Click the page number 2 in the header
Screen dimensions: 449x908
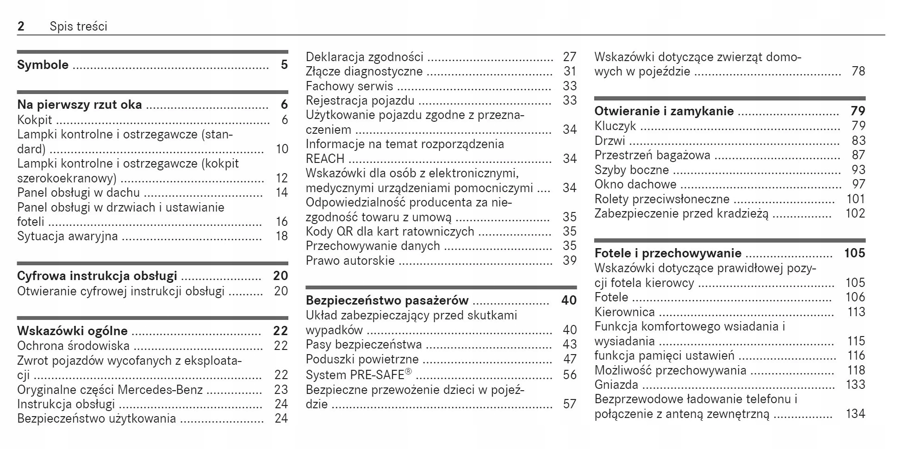[x=21, y=26]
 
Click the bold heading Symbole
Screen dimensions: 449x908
[x=43, y=65]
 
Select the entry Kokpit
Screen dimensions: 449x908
[x=35, y=120]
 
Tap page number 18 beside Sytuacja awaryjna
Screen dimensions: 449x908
[x=282, y=236]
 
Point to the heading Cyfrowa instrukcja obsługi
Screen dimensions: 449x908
[x=97, y=276]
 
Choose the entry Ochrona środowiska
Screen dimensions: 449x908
[x=73, y=346]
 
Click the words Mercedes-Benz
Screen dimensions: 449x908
[x=160, y=390]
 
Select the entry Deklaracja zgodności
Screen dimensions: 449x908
[x=364, y=57]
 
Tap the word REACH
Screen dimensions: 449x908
[x=325, y=159]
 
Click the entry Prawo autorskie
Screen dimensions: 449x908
[x=350, y=261]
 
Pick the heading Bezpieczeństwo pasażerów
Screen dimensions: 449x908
[x=387, y=300]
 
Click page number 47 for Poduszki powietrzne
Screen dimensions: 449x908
[x=570, y=359]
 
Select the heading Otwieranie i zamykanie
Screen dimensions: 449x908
[x=664, y=111]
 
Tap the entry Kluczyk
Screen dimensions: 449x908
[x=615, y=126]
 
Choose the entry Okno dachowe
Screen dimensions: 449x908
[x=635, y=184]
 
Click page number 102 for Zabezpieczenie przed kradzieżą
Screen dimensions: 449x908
[x=855, y=213]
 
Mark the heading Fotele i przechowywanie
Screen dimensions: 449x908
[x=667, y=253]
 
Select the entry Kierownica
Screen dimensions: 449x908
[x=624, y=312]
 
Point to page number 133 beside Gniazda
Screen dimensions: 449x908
[x=855, y=385]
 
